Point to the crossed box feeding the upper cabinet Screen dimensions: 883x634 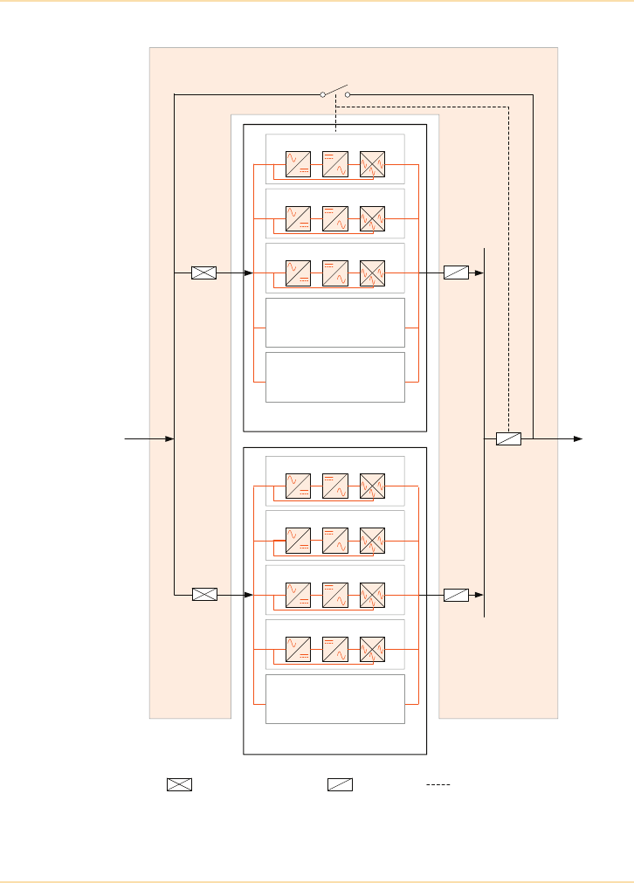coord(203,273)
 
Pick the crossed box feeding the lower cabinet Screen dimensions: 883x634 coord(203,595)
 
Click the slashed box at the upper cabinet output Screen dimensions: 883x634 coord(456,273)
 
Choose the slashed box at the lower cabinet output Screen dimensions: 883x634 coord(456,595)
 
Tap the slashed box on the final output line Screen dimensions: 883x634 coord(508,438)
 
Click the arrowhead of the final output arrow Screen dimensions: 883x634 coord(577,438)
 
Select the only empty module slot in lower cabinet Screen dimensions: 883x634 coord(334,699)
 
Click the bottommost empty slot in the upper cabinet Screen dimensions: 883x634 coord(334,377)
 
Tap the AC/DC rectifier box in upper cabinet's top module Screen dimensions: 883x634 coord(298,164)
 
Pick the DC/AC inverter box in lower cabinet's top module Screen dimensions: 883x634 coord(334,486)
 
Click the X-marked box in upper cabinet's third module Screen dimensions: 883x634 coord(373,273)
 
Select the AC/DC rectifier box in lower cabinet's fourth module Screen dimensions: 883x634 coord(298,650)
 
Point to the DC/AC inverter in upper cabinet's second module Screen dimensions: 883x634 coord(334,218)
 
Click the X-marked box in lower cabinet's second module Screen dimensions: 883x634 coord(373,541)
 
